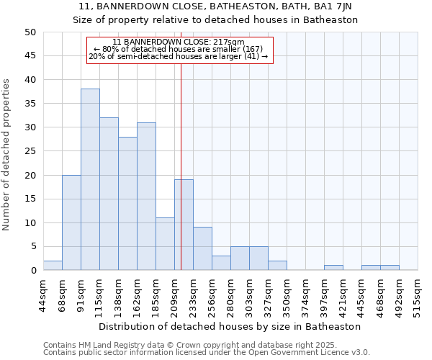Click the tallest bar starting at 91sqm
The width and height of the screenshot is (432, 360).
90,180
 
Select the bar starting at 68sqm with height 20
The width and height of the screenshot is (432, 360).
71,222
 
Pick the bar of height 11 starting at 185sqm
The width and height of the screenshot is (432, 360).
165,244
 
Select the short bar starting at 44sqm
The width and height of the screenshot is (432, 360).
53,266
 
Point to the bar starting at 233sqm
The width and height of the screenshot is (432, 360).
202,249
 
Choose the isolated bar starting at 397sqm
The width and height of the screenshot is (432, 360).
333,268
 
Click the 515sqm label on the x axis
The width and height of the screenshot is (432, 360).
418,294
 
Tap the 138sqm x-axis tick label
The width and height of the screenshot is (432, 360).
118,294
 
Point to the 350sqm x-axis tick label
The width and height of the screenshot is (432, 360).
287,294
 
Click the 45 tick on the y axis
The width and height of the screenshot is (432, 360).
30,56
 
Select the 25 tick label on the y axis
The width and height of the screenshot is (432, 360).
30,151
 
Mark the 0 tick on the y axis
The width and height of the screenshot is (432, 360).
33,271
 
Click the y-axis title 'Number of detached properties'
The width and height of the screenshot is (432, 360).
7,156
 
